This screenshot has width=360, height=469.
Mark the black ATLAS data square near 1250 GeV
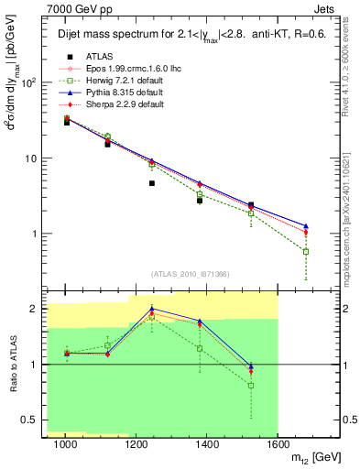(x=152, y=183)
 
